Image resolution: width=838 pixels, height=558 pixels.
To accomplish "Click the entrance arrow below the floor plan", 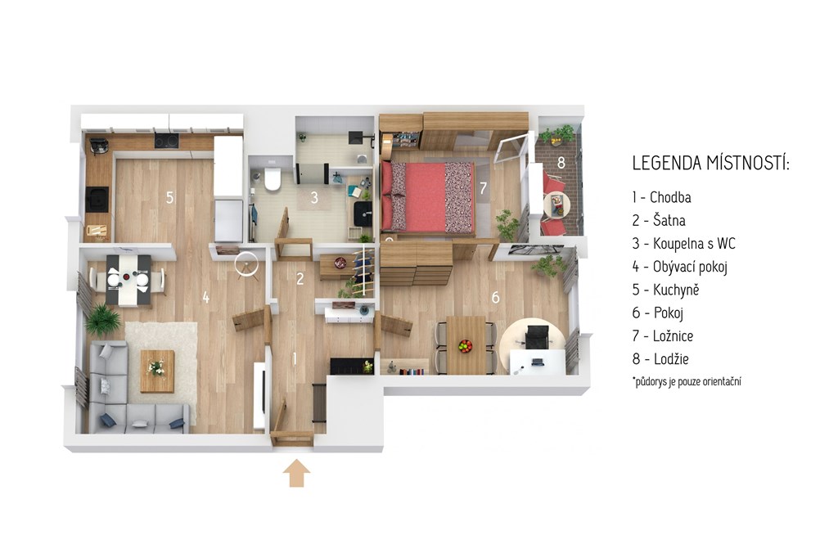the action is (296, 474).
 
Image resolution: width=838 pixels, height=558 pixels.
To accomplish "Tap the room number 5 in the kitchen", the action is (169, 198).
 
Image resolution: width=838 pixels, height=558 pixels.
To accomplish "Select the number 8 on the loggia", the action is (561, 163).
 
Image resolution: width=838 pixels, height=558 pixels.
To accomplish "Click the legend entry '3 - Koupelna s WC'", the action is (683, 244).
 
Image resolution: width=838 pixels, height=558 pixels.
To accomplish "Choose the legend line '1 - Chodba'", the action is (661, 197).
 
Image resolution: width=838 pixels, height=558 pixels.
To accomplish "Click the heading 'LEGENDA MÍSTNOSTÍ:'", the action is (711, 164).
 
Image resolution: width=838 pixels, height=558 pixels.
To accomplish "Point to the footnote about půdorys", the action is (687, 381).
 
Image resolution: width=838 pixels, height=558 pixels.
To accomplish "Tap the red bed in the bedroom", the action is (427, 197).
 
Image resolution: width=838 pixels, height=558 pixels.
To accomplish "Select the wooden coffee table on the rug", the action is (157, 371).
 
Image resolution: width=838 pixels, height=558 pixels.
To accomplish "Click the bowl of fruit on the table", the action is (466, 345).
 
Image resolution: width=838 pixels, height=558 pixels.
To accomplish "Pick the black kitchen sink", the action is (97, 200).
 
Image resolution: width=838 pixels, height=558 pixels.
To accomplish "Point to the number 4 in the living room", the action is (205, 298).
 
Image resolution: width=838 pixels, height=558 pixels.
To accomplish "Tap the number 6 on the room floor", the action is (495, 297).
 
